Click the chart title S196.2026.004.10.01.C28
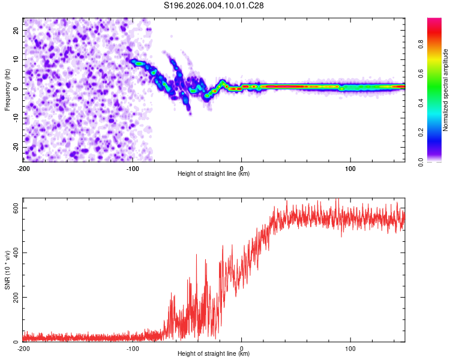pyautogui.click(x=214, y=5)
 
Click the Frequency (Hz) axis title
pyautogui.click(x=7, y=89)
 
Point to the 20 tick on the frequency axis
pyautogui.click(x=16, y=30)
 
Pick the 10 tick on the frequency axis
pyautogui.click(x=16, y=59)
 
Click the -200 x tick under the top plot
pyautogui.click(x=23, y=167)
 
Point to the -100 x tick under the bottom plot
pyautogui.click(x=133, y=348)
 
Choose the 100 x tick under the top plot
pyautogui.click(x=350, y=167)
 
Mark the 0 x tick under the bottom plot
pyautogui.click(x=242, y=348)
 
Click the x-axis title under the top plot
pyautogui.click(x=214, y=174)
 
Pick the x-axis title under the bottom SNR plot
pyautogui.click(x=214, y=355)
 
